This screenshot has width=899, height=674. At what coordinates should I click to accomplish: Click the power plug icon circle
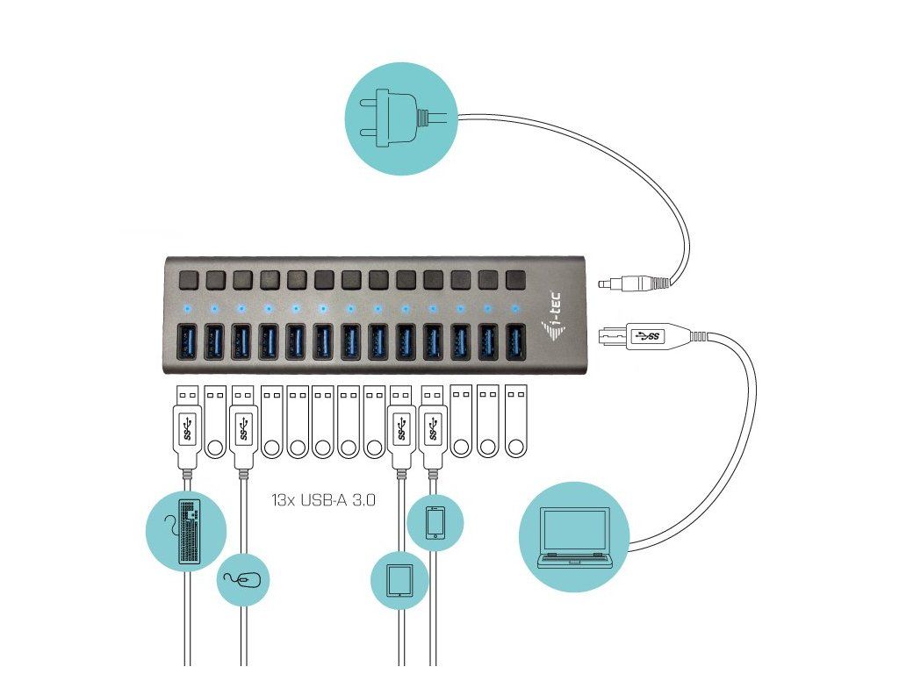coord(401,118)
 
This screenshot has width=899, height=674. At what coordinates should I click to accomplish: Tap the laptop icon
coord(574,537)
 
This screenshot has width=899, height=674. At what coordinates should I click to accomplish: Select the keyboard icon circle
coord(186,531)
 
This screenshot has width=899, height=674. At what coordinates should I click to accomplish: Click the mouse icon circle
coord(243,579)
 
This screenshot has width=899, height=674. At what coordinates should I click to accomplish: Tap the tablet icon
coord(399,580)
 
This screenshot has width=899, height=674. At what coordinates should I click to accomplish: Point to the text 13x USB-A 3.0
coord(324,499)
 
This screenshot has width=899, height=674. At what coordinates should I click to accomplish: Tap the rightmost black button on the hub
coord(516,280)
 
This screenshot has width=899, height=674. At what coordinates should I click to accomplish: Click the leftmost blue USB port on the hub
coord(188,342)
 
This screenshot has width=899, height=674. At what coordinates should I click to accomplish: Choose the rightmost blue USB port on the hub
coord(516,342)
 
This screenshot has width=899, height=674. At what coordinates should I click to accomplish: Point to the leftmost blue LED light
coord(187,309)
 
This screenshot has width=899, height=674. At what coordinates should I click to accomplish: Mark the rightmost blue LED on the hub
coord(514,309)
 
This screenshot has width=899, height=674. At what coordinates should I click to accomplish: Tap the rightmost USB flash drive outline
coord(516,422)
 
